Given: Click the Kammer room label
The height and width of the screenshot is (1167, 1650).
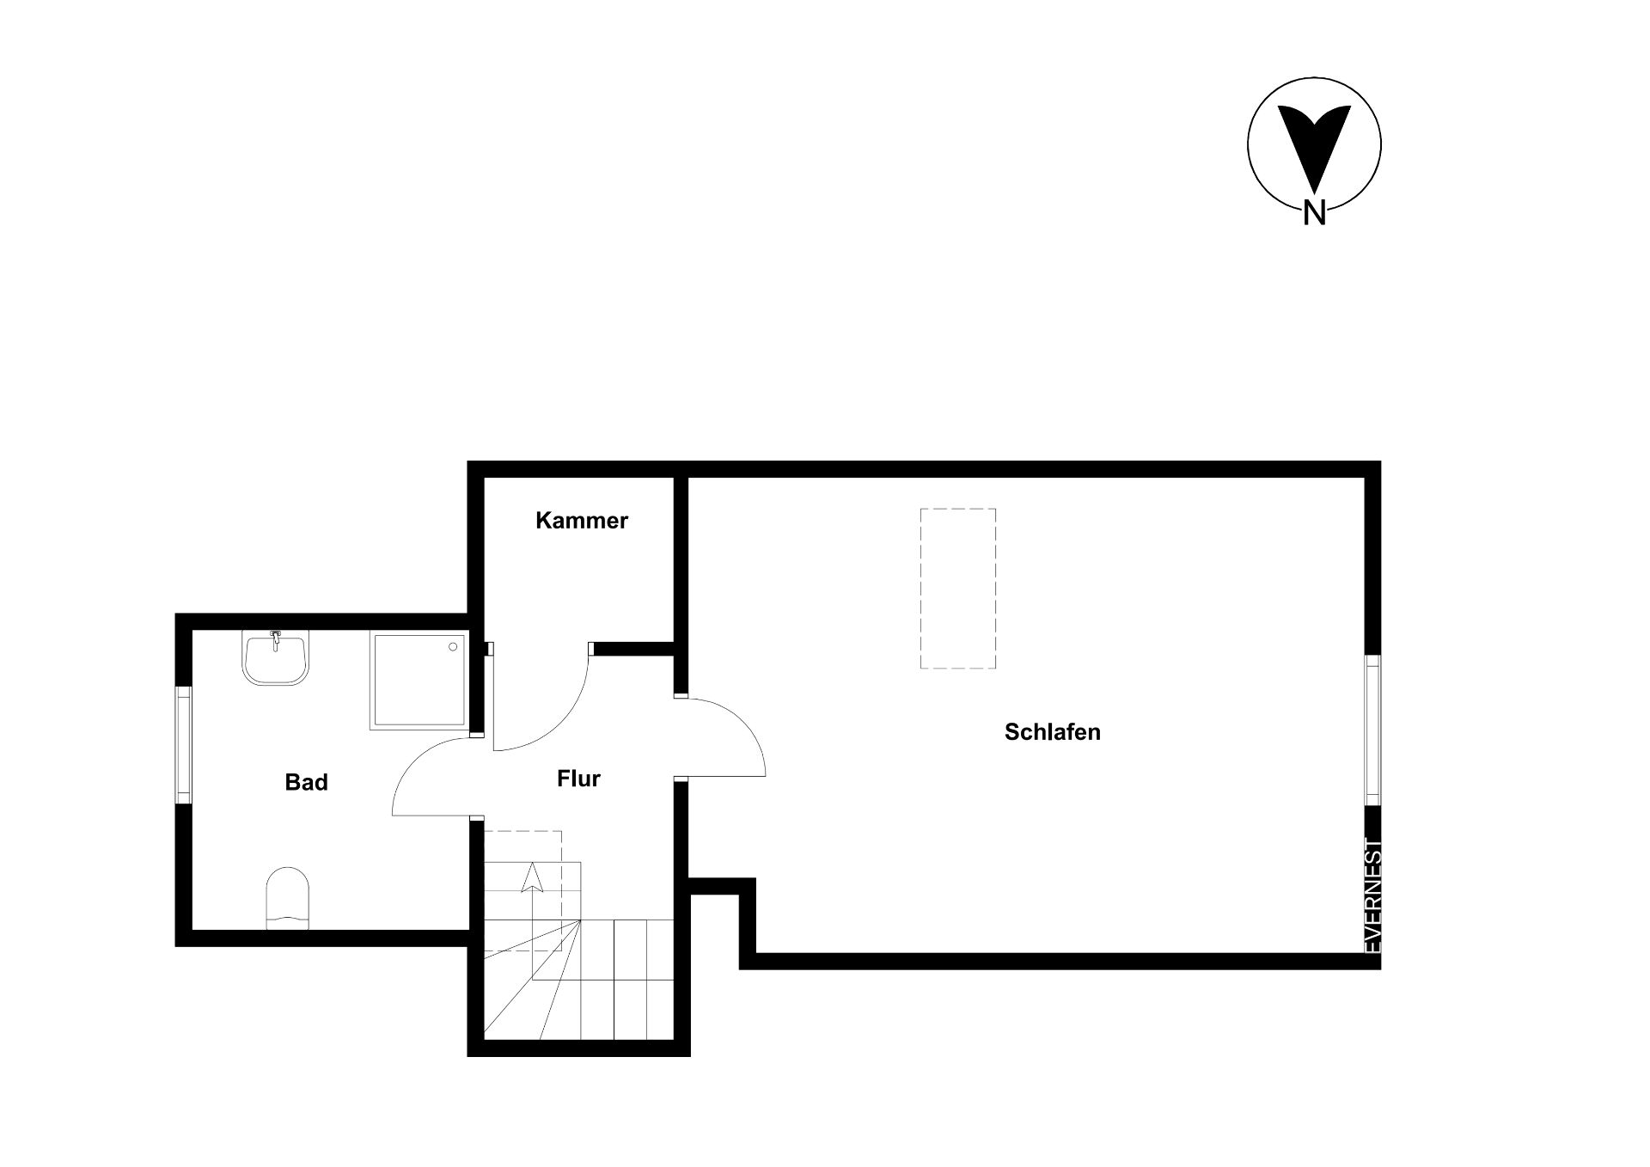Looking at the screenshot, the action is [x=582, y=520].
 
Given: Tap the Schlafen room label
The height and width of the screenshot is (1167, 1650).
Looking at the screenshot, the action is [x=1052, y=732].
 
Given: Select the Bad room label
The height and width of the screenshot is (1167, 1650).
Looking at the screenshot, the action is [x=307, y=782].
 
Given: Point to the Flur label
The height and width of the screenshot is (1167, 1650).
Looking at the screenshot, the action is [x=578, y=779].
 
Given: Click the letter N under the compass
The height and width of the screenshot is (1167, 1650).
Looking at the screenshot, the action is [x=1314, y=212].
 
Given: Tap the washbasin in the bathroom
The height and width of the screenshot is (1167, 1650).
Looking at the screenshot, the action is [x=275, y=658].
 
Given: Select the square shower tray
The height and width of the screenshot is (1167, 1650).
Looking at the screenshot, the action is [x=419, y=681].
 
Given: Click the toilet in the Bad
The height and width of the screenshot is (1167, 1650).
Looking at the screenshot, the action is [x=288, y=898].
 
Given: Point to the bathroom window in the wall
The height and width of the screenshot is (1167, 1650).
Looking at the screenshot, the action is [x=183, y=744].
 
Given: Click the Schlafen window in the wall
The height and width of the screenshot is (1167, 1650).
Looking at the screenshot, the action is [x=1373, y=730].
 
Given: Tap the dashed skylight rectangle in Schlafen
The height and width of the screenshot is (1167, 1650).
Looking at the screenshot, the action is [x=958, y=588].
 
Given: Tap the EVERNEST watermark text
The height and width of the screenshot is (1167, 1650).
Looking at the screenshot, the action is [x=1373, y=895].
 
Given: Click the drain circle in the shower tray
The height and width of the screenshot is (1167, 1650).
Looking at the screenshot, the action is [x=453, y=646].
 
